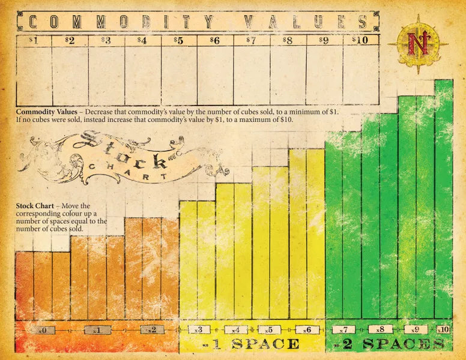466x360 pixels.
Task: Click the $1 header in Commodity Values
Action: pyautogui.click(x=34, y=40)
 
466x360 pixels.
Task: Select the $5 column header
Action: pyautogui.click(x=179, y=40)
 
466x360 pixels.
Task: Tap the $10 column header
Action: pyautogui.click(x=360, y=40)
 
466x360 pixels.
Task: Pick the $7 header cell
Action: pyautogui.click(x=252, y=40)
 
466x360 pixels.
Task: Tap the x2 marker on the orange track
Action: pyautogui.click(x=152, y=330)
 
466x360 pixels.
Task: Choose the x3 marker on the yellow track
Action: pyautogui.click(x=200, y=329)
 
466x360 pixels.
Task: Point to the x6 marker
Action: pyautogui.click(x=306, y=329)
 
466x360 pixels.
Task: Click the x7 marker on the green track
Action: pyautogui.click(x=343, y=329)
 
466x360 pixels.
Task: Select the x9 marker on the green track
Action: pyautogui.click(x=416, y=329)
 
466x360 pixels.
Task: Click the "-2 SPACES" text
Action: pyautogui.click(x=389, y=344)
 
